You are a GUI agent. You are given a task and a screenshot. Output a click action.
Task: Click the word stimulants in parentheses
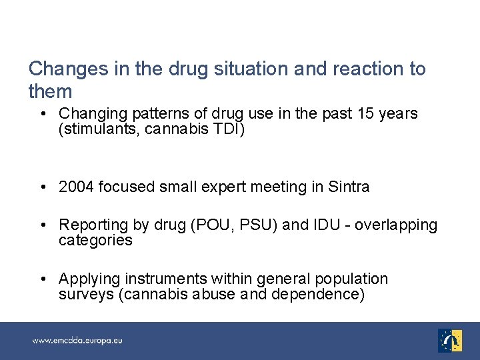pyautogui.click(x=93, y=129)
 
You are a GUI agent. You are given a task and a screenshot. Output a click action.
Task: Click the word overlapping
pyautogui.click(x=396, y=225)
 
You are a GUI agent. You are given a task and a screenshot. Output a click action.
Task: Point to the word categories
pyautogui.click(x=95, y=240)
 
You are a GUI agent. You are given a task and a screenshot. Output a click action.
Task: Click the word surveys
pyautogui.click(x=85, y=295)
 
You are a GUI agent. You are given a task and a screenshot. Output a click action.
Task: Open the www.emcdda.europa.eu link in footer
pyautogui.click(x=77, y=341)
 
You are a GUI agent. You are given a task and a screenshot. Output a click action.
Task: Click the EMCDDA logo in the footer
pyautogui.click(x=450, y=340)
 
